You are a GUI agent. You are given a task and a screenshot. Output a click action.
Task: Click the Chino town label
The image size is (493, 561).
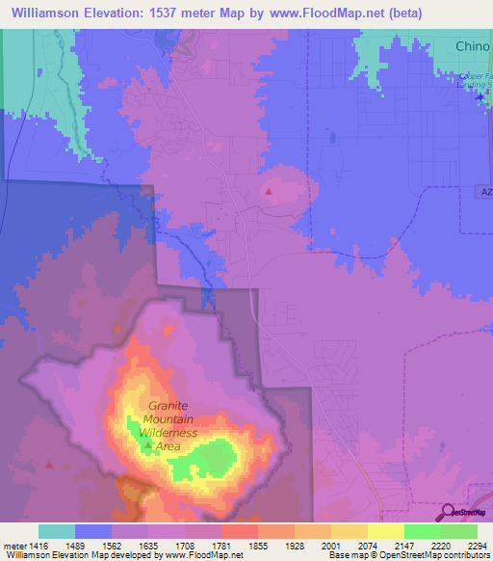(x=473, y=46)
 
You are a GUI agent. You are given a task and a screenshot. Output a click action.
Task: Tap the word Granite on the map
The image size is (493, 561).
(x=169, y=407)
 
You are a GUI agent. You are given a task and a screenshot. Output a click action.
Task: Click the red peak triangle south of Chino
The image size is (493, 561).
(x=269, y=191)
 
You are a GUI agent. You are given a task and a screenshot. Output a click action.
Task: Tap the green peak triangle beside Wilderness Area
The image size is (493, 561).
(x=146, y=446)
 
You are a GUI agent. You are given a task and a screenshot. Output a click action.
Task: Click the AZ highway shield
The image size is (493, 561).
(x=485, y=192)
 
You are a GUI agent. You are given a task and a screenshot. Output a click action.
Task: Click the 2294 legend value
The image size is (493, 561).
(x=477, y=545)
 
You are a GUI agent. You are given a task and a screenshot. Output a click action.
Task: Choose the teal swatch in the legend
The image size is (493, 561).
(x=56, y=531)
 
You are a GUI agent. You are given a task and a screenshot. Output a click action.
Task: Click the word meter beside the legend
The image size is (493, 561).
(x=14, y=545)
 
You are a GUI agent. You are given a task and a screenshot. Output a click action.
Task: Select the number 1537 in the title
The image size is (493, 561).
(x=192, y=13)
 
